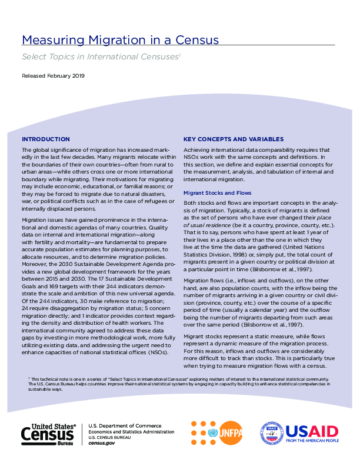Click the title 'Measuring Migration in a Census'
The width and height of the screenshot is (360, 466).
[x=120, y=41]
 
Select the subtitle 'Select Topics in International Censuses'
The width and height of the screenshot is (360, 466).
[x=100, y=57]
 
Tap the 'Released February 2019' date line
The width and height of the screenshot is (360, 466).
[x=53, y=76]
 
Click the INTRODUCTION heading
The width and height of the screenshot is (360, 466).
[x=45, y=139]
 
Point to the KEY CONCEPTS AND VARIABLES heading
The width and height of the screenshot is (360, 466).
[x=234, y=139]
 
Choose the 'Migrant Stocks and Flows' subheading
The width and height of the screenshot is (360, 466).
[x=217, y=192]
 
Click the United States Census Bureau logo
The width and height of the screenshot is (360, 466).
[x=49, y=434]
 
